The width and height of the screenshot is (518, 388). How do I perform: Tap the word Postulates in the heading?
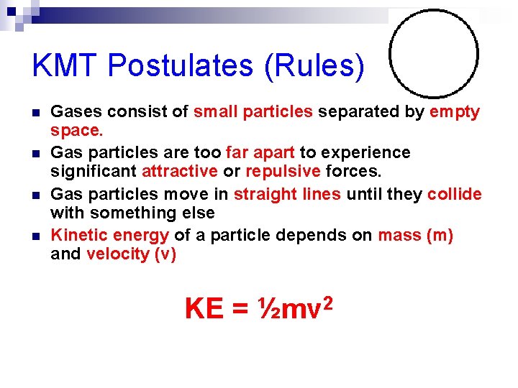coord(181,66)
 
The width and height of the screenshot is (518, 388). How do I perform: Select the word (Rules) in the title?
coord(315,66)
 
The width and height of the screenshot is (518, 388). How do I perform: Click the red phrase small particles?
coord(253,112)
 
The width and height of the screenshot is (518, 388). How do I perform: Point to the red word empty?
coord(455,112)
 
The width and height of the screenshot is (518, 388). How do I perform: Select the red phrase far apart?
coord(260,152)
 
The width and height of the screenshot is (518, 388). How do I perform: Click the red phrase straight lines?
coord(288,194)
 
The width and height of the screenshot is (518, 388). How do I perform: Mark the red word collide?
coord(454,194)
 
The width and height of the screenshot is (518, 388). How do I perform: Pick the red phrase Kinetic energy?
coord(110,235)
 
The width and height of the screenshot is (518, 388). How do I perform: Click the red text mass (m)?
coord(415,235)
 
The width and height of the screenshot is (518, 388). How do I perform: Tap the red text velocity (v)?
coord(131,254)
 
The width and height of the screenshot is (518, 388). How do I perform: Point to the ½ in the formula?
coord(268,309)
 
